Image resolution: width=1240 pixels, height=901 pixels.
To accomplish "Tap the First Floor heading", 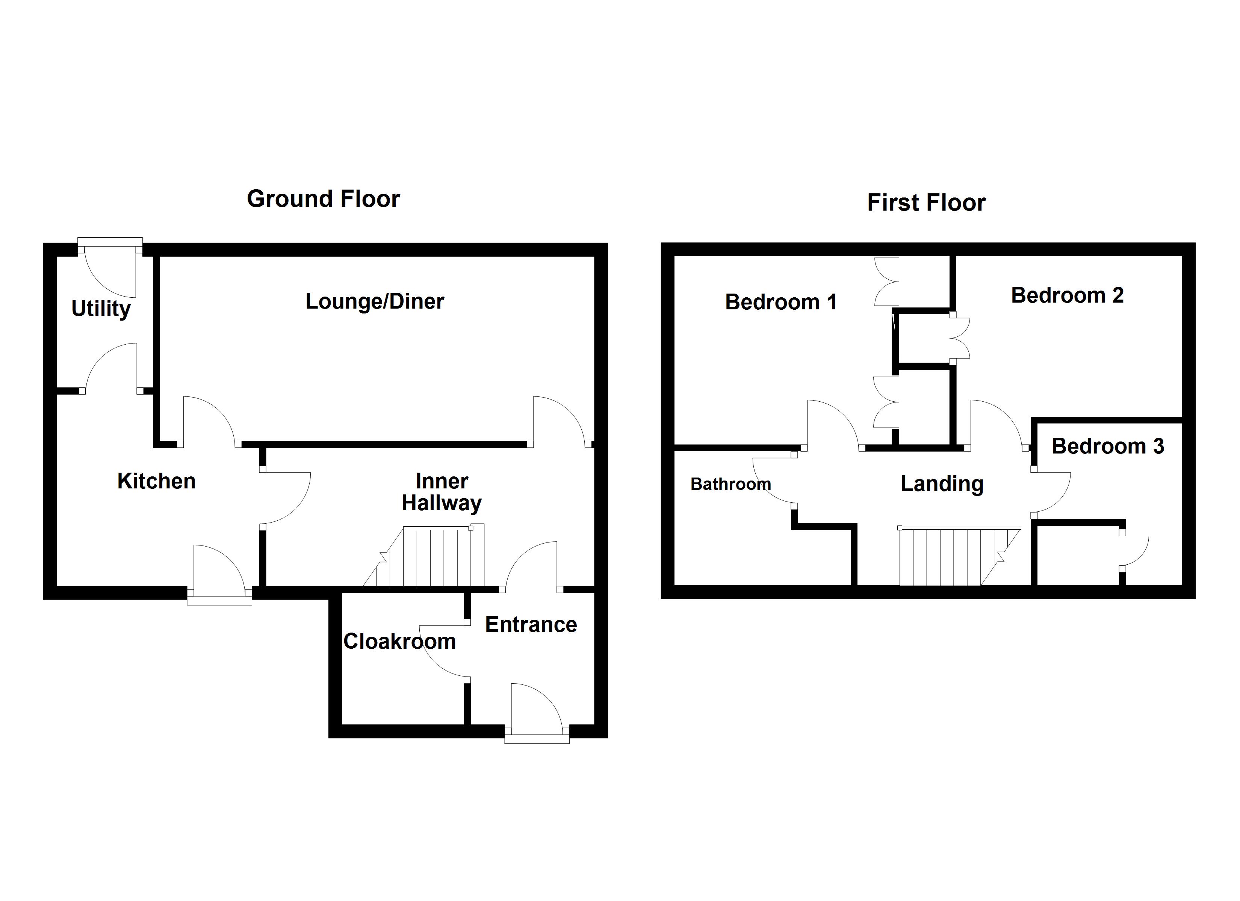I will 926,202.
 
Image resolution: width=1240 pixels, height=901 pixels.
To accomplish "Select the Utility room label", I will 101,309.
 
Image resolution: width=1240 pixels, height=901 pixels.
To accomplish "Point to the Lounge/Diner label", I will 375,301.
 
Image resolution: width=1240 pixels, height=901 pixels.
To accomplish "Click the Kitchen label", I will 156,481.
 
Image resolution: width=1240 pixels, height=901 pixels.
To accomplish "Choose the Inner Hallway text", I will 442,492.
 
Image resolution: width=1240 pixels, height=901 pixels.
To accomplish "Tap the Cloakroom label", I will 400,641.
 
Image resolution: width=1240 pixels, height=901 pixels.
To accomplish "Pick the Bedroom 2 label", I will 1067,295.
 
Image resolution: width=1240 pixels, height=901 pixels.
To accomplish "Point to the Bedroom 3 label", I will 1108,446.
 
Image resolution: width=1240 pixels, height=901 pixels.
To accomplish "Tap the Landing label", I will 942,484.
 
